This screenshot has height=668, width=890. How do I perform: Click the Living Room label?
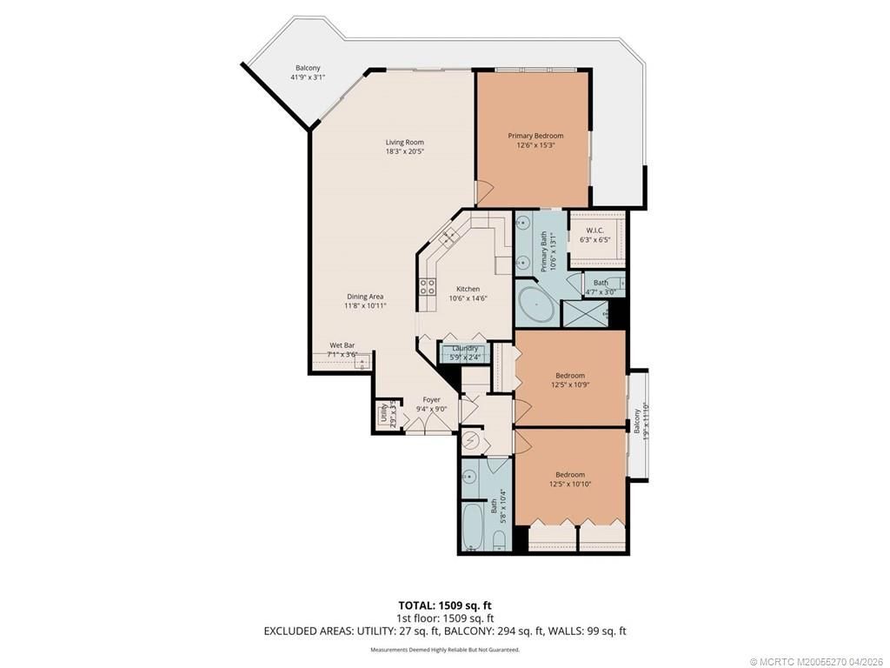[x=405, y=142]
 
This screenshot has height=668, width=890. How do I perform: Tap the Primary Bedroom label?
[x=535, y=136]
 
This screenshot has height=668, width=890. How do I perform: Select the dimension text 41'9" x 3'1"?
[x=307, y=77]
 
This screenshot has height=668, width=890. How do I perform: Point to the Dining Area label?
[x=364, y=297]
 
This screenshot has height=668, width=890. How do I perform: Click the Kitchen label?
[x=468, y=289]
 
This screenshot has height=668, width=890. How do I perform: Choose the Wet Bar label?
[x=342, y=345]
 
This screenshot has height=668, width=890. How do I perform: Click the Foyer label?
[x=432, y=400]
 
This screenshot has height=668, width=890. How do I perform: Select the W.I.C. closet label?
[x=594, y=230]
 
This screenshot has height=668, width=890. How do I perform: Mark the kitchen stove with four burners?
[x=428, y=286]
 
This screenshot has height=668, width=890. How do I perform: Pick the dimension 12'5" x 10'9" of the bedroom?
[x=570, y=384]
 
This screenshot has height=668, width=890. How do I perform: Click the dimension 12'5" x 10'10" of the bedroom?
[x=570, y=484]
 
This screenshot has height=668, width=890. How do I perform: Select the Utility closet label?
[x=384, y=413]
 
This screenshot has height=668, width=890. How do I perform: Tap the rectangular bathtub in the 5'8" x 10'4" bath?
[x=472, y=527]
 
